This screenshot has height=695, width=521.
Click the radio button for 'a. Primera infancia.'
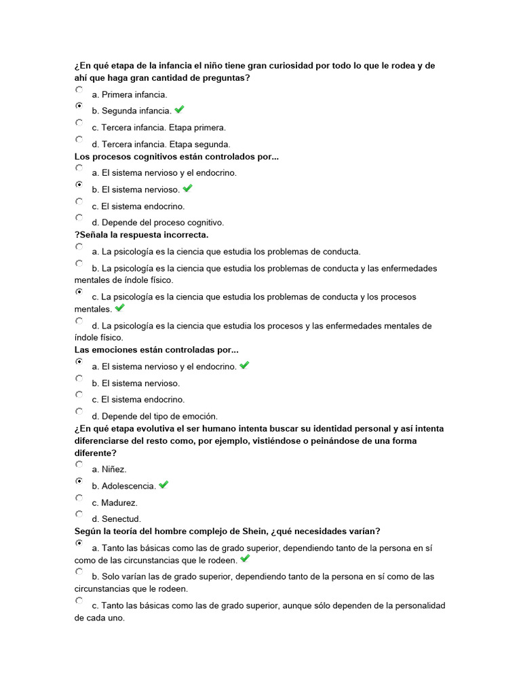[x=79, y=90]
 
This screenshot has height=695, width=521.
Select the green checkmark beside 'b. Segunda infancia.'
[x=180, y=109]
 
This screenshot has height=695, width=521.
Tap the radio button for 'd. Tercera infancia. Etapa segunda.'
[x=79, y=139]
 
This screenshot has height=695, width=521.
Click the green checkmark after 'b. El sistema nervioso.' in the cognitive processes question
[x=188, y=188]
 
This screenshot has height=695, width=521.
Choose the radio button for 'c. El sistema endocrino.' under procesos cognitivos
[x=79, y=202]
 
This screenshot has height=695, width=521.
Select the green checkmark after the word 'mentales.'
[x=120, y=307]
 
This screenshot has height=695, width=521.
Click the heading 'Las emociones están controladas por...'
[x=157, y=350]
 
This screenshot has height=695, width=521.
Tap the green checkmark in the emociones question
[x=245, y=365]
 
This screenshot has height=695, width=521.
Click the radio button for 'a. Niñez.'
[x=79, y=464]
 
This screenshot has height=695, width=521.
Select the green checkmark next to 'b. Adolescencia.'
[x=163, y=485]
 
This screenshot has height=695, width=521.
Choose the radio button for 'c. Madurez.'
[x=79, y=497]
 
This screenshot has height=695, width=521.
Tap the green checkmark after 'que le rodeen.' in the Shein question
[x=245, y=559]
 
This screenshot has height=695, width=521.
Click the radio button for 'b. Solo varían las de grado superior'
[x=79, y=571]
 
